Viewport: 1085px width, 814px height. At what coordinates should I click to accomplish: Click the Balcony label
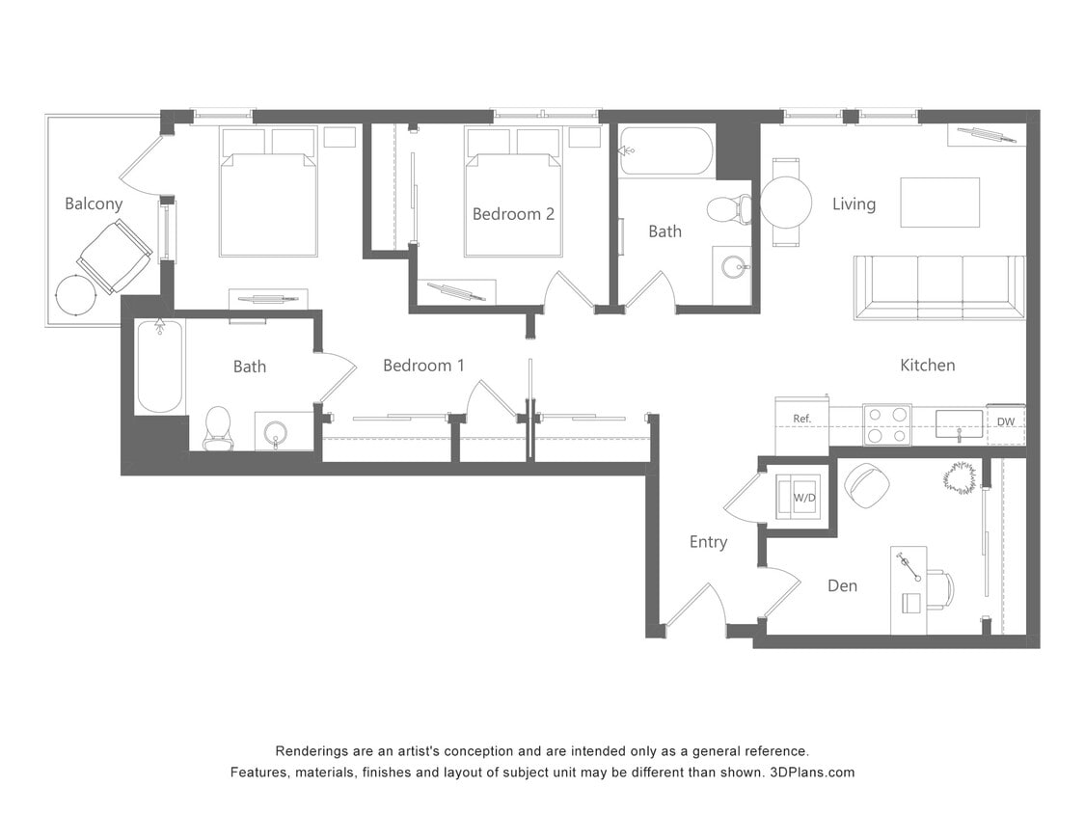tap(94, 203)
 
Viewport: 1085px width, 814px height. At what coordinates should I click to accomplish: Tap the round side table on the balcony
tap(76, 295)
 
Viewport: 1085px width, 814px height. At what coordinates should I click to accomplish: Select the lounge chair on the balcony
tap(115, 256)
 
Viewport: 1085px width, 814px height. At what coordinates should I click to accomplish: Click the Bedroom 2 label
tap(513, 214)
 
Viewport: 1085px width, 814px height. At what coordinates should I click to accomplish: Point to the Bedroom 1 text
tap(423, 366)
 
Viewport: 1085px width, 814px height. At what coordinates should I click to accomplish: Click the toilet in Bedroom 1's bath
tap(218, 427)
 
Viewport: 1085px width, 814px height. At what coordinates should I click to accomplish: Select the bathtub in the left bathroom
tap(159, 366)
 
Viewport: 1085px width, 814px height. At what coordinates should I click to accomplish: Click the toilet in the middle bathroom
tap(729, 208)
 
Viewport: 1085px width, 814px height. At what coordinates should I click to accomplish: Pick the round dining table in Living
tap(786, 203)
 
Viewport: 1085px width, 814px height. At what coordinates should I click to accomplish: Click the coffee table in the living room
tap(939, 203)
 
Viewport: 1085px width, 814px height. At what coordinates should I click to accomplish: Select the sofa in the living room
tap(938, 286)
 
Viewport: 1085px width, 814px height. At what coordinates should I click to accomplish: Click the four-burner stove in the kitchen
tap(886, 424)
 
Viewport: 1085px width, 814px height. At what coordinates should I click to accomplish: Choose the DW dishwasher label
tap(1005, 422)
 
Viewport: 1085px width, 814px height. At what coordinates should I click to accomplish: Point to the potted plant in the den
tap(960, 477)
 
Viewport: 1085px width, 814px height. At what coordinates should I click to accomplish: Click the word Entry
tap(708, 542)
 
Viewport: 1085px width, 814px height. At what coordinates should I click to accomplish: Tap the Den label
tap(842, 585)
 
